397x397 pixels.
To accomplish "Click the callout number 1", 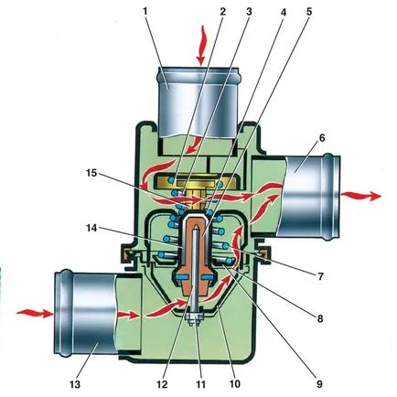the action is (145, 12).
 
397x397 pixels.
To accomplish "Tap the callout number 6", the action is (321, 138).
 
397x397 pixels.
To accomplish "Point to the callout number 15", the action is (91, 174).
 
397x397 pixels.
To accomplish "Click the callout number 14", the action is (91, 228).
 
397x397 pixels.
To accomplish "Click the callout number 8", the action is (320, 319).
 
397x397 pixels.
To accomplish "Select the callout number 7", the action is (320, 276).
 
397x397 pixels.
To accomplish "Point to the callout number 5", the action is (309, 12).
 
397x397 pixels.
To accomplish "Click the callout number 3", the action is (249, 12).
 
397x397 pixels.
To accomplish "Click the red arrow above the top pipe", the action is (201, 46).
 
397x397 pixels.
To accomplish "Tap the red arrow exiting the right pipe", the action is (361, 196).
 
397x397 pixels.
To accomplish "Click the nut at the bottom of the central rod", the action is (194, 319).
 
